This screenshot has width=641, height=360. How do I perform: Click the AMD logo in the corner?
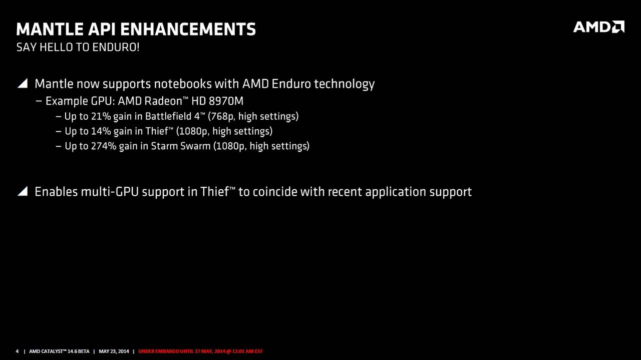(598, 27)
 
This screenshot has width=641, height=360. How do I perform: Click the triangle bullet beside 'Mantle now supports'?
(23, 83)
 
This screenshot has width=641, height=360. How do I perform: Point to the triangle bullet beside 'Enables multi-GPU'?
(23, 191)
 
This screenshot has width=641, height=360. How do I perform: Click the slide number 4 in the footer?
(17, 351)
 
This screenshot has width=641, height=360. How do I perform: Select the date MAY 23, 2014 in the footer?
(114, 351)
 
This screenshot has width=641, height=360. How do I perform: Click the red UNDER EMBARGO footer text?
(201, 351)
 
